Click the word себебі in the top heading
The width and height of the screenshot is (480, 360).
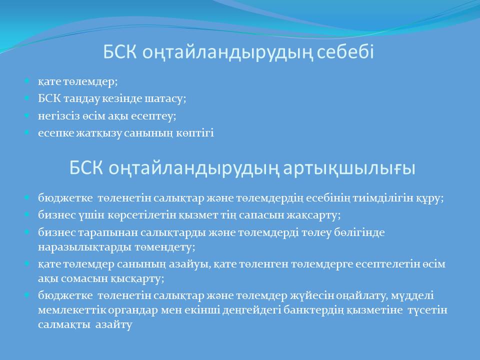coord(345,51)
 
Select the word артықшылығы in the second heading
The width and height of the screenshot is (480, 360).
coord(349,168)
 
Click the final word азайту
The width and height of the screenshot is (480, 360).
coord(113,324)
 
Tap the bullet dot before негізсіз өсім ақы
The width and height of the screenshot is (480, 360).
coord(27,115)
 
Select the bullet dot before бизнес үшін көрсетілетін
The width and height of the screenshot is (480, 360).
coord(27,214)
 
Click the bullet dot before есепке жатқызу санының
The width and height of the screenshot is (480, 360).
coord(27,132)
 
